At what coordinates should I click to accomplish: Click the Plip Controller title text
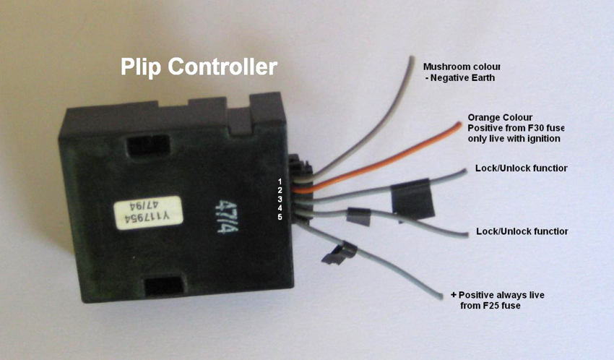tap(199, 67)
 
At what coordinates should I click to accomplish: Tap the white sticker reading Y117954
tap(149, 213)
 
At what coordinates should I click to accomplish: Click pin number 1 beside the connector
tap(280, 181)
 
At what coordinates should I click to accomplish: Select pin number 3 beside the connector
tap(280, 200)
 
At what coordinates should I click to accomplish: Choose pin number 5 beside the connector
tap(280, 217)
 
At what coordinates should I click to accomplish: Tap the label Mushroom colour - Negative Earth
tap(462, 72)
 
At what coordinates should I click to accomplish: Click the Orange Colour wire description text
tap(516, 128)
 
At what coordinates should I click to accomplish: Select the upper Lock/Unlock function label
tap(522, 168)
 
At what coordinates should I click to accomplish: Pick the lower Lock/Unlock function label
tap(522, 231)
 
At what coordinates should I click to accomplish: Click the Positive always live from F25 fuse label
tap(497, 300)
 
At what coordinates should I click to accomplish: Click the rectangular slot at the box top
tap(148, 145)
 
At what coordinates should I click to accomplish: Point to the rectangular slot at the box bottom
tap(164, 285)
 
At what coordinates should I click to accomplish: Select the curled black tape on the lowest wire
tap(339, 254)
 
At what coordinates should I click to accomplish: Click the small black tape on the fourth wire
tap(358, 217)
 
